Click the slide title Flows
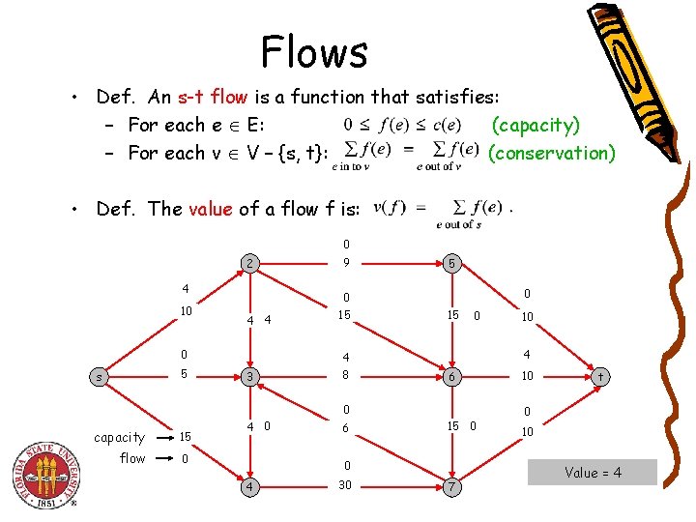pyautogui.click(x=314, y=51)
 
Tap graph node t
pyautogui.click(x=601, y=376)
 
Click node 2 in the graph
pyautogui.click(x=249, y=263)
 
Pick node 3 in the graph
pyautogui.click(x=249, y=376)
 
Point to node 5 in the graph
pyautogui.click(x=450, y=263)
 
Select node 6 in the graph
pyautogui.click(x=450, y=376)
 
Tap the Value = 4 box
pyautogui.click(x=594, y=473)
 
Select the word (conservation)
pyautogui.click(x=551, y=153)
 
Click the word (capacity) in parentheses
pyautogui.click(x=536, y=125)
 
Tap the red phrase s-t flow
pyautogui.click(x=210, y=97)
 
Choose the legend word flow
pyautogui.click(x=132, y=458)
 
